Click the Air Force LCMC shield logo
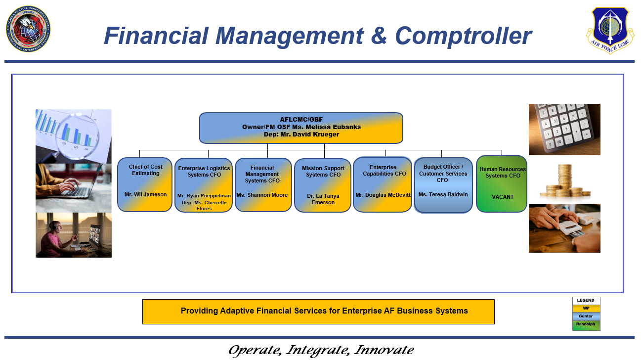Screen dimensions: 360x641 [610, 29]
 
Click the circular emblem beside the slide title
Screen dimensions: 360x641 [28, 29]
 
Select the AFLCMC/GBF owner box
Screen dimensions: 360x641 [301, 128]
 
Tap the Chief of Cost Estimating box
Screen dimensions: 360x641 [145, 184]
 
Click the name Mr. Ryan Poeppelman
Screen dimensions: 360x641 [204, 196]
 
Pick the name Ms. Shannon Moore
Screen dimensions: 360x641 [262, 195]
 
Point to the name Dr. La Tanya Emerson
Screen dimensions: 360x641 [323, 199]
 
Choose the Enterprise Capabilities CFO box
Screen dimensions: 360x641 [383, 184]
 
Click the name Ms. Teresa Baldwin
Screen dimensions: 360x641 [443, 194]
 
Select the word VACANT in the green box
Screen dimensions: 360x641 [503, 197]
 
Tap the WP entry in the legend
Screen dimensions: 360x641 [586, 308]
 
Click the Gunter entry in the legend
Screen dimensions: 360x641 [586, 316]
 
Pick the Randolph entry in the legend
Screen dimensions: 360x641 [586, 324]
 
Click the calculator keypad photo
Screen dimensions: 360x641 [564, 129]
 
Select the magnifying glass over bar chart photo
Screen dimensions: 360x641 [74, 136]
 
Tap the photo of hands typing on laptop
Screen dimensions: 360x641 [74, 188]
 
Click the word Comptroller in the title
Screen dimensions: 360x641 [463, 36]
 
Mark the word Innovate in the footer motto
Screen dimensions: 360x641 [384, 350]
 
